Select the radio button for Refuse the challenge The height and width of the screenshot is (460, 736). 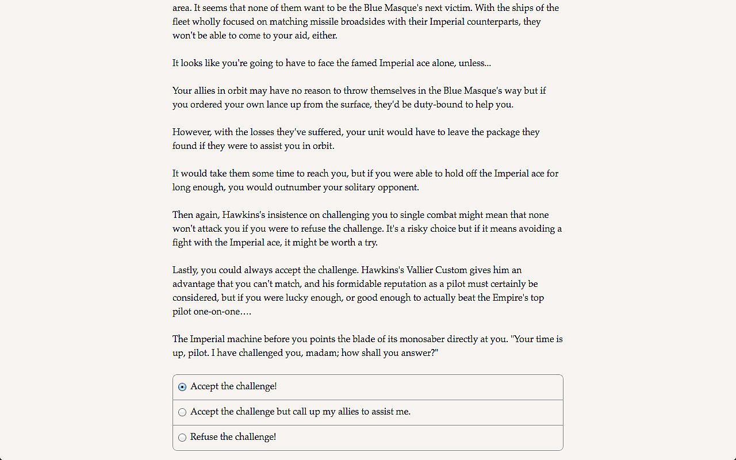182,438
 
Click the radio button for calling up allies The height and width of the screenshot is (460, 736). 182,412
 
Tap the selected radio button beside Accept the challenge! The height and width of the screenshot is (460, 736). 182,387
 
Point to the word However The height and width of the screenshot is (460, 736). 191,132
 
